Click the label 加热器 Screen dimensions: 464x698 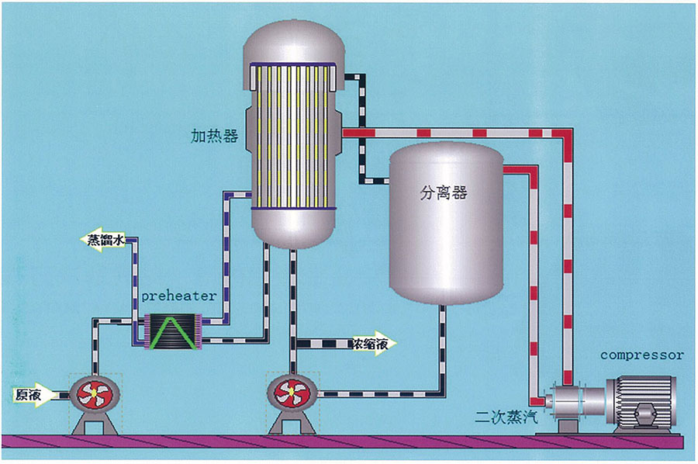pyautogui.click(x=214, y=137)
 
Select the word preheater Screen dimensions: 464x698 pyautogui.click(x=179, y=296)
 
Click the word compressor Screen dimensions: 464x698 pyautogui.click(x=642, y=355)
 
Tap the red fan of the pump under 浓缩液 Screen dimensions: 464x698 pyautogui.click(x=291, y=393)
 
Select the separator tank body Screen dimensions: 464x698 pyautogui.click(x=444, y=233)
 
